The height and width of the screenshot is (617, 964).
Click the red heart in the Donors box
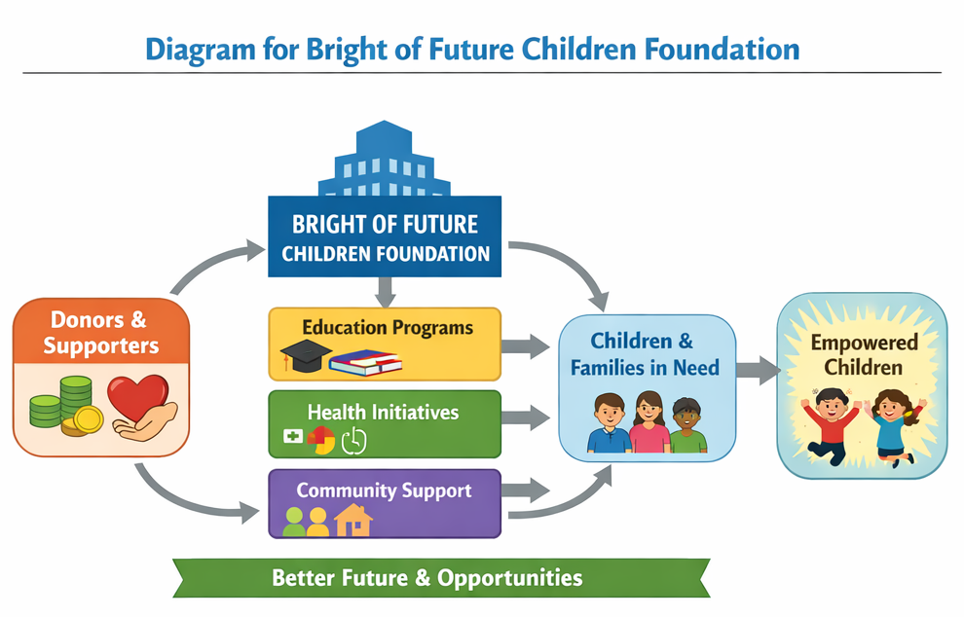tap(137, 397)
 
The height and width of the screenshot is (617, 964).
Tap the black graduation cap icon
tap(306, 355)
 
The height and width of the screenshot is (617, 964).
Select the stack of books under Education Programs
tap(365, 363)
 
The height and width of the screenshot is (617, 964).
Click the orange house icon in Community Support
tap(353, 520)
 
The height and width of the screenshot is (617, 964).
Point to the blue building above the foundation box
tap(385, 159)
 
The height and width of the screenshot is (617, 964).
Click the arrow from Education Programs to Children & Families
tap(526, 347)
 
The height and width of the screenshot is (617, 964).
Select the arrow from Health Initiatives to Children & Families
tap(526, 417)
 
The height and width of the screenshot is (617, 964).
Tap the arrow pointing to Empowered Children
tap(759, 370)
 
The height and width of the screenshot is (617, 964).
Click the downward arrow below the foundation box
tap(385, 292)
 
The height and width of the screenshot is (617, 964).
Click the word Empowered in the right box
tap(864, 343)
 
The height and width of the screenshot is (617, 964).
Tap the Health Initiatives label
tap(383, 412)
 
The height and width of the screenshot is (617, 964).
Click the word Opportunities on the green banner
tap(509, 578)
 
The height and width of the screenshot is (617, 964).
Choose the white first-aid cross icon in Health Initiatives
tap(293, 436)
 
